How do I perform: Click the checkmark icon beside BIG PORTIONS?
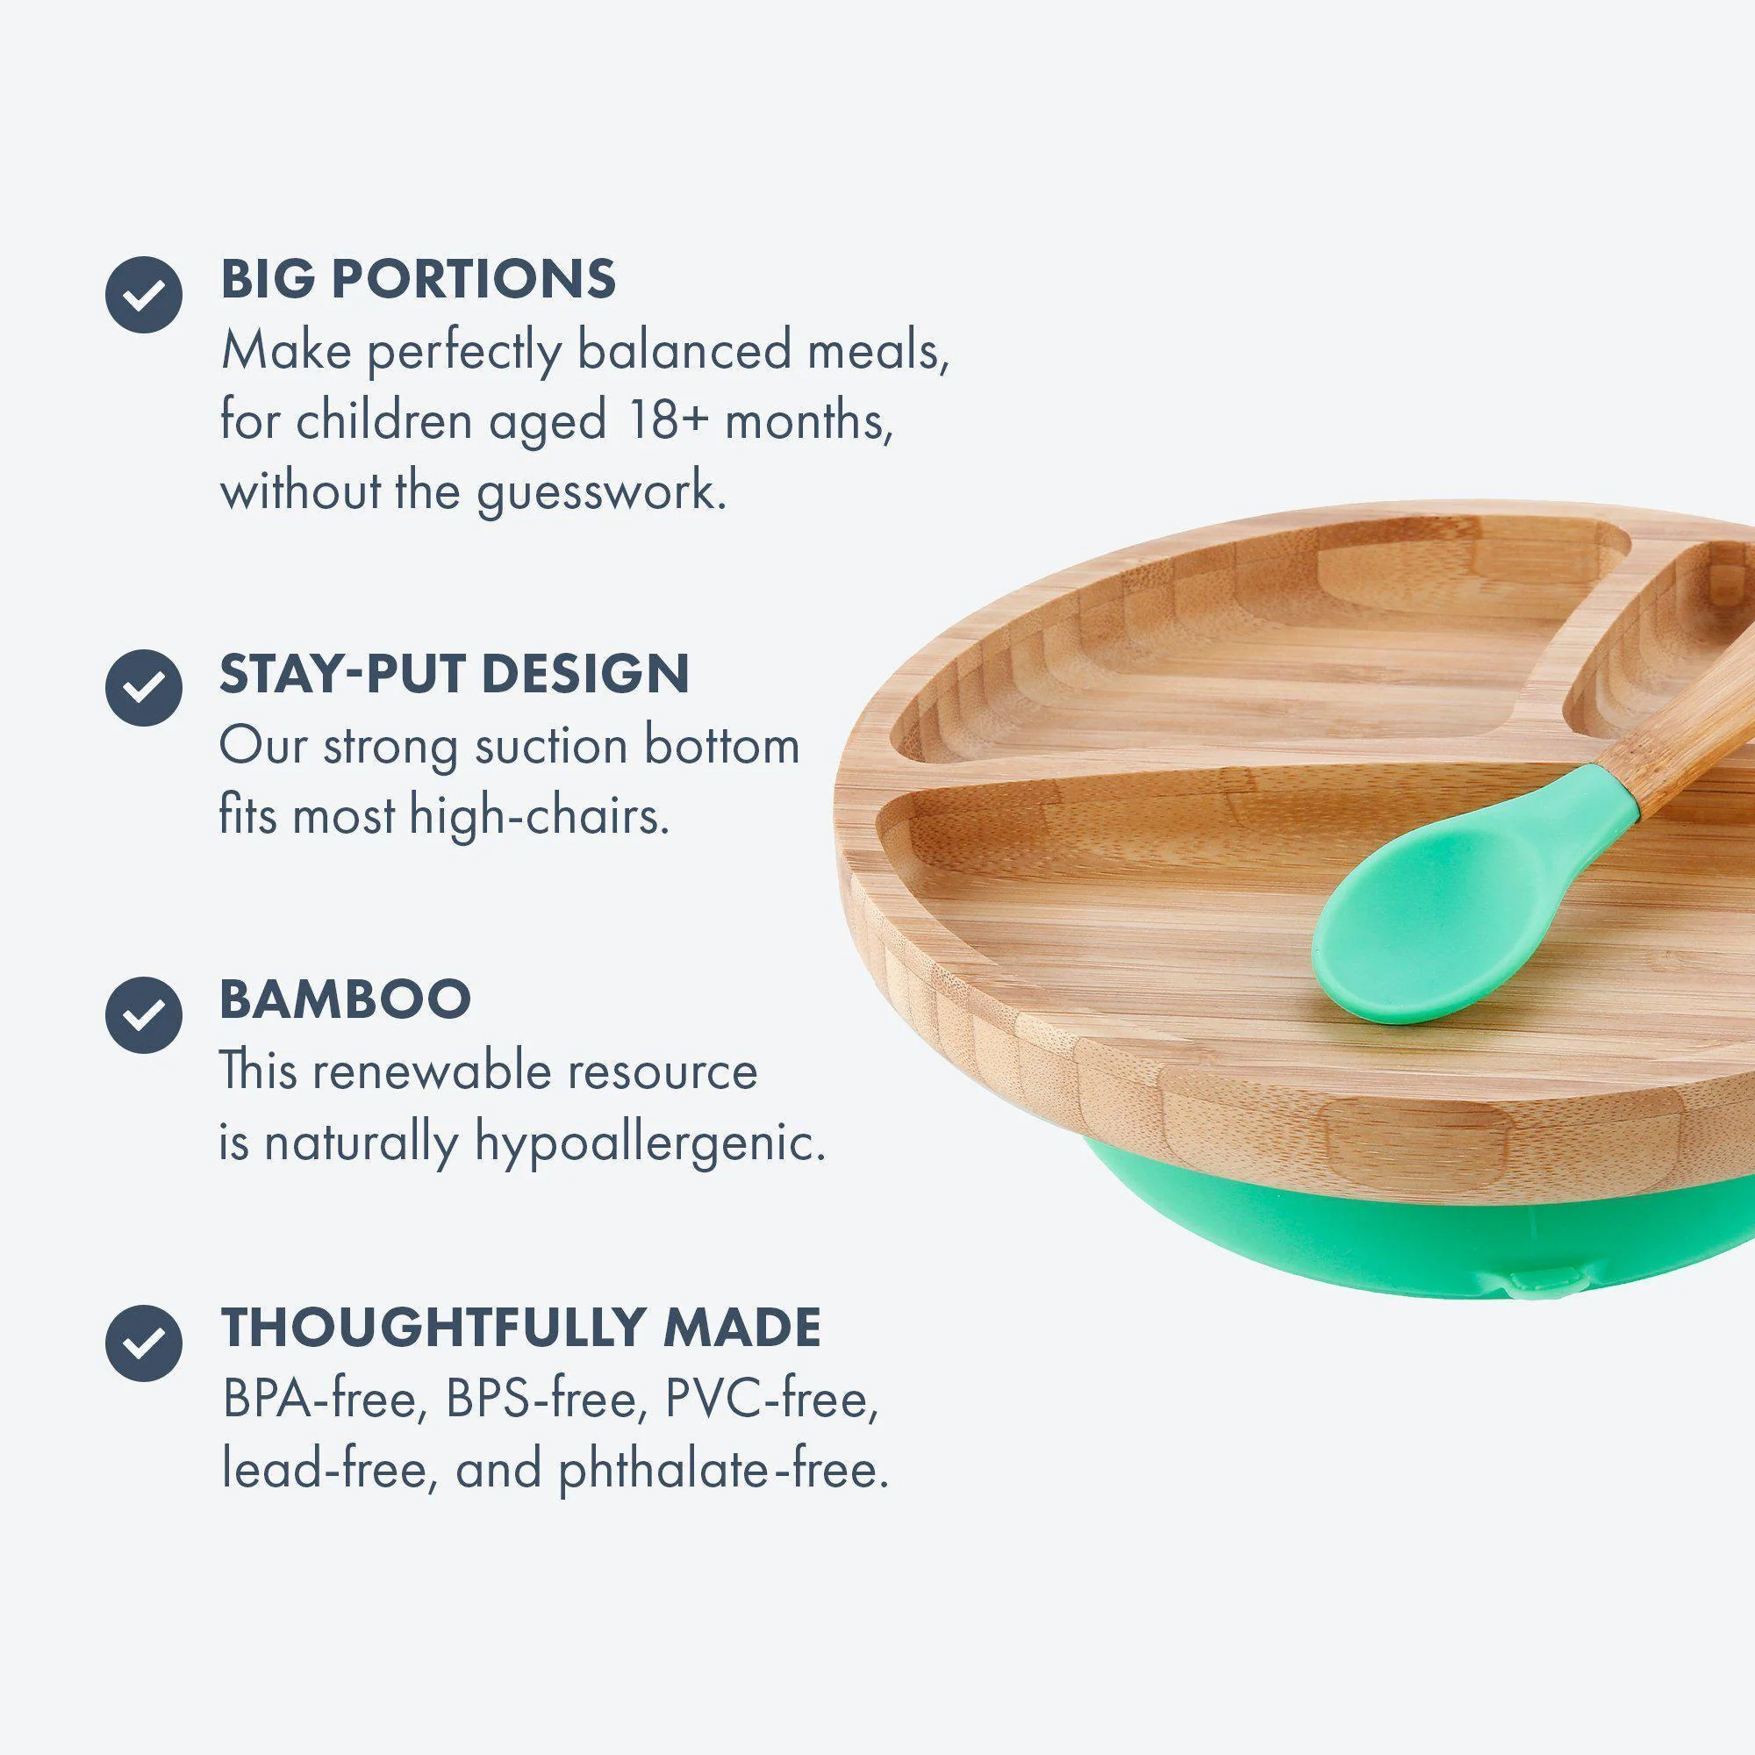[144, 294]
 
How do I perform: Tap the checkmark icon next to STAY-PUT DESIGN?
[144, 688]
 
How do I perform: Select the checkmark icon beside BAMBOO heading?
[144, 1014]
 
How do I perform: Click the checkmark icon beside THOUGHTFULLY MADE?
[144, 1343]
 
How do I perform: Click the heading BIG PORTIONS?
[418, 279]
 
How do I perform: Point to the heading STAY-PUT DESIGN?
[455, 674]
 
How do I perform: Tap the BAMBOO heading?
[345, 1000]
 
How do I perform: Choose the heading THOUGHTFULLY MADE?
[521, 1328]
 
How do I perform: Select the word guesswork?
[601, 494]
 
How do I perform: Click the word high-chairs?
[540, 816]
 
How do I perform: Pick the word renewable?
[429, 1072]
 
